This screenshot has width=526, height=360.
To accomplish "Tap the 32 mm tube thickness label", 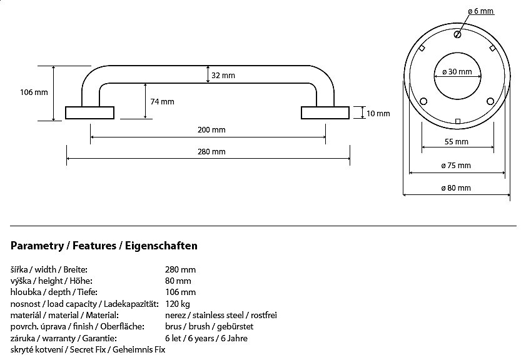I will click(223, 76).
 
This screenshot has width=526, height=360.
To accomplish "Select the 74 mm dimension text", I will click(162, 101).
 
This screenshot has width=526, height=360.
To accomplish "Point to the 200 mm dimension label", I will click(211, 130).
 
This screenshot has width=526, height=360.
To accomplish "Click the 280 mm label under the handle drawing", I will click(211, 151).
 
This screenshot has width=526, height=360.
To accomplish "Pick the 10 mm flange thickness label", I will click(378, 113).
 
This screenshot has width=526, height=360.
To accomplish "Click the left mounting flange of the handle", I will click(90, 112).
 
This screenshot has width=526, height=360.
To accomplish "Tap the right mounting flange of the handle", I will click(325, 112).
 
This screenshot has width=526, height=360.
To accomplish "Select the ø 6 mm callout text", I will click(481, 11).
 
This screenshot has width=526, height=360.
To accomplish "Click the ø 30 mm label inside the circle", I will click(457, 71).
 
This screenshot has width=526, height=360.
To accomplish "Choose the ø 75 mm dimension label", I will click(457, 166).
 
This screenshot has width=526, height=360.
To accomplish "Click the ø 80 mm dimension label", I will click(457, 188).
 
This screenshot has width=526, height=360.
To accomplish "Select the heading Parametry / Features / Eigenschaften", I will click(104, 246).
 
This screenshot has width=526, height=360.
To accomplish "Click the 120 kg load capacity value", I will click(177, 304).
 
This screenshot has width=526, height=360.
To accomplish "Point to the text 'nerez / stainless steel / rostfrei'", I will click(221, 315).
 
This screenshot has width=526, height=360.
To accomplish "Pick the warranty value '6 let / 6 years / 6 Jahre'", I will click(206, 338).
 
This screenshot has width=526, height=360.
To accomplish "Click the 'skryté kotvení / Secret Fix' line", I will click(88, 349).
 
